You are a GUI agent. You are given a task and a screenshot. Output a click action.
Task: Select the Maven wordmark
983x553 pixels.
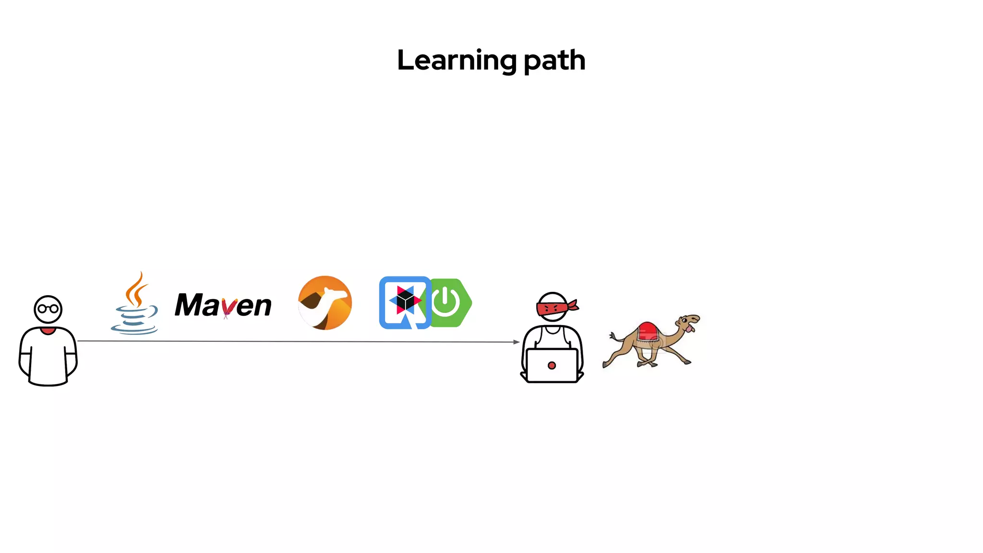[223, 305]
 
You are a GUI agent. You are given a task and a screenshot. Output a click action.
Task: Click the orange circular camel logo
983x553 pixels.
[325, 303]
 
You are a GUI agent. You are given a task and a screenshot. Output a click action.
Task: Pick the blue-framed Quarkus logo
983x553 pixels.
[404, 302]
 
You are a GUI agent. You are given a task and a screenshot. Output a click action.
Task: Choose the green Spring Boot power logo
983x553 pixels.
[449, 302]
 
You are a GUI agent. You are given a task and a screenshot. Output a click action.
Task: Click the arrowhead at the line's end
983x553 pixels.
[516, 342]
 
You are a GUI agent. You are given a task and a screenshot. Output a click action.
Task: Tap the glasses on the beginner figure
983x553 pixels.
[48, 308]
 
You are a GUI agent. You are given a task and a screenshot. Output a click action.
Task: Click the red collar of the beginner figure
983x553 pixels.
[48, 331]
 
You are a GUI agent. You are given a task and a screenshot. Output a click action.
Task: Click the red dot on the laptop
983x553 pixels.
[551, 365]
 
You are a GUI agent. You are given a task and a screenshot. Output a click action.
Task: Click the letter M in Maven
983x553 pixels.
[189, 305]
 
